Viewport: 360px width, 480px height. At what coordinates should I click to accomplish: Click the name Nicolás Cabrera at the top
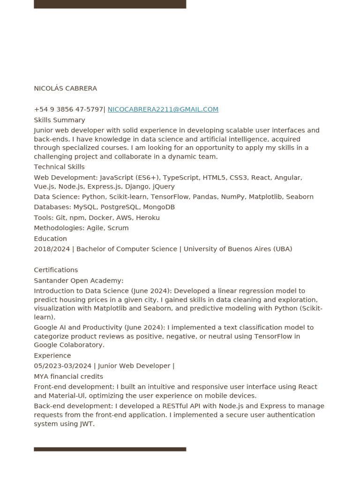tap(65, 89)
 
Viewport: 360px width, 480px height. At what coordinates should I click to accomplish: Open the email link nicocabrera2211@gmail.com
tap(163, 109)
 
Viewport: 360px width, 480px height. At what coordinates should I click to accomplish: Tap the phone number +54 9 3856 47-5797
tap(68, 109)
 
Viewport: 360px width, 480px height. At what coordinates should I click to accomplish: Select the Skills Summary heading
tap(59, 120)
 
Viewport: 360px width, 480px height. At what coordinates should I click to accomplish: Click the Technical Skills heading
tap(59, 167)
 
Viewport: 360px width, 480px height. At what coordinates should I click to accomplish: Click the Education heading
tap(50, 239)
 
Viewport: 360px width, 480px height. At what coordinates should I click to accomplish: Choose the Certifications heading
tap(56, 270)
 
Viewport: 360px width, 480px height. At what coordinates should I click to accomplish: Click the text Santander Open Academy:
tap(78, 281)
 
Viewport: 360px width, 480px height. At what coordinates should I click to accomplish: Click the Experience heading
tap(52, 356)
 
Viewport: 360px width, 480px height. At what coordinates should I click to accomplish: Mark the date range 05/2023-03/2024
tap(62, 366)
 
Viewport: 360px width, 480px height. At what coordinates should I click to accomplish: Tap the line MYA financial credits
tap(68, 376)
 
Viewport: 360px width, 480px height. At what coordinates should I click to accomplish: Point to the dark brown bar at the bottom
tap(110, 449)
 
